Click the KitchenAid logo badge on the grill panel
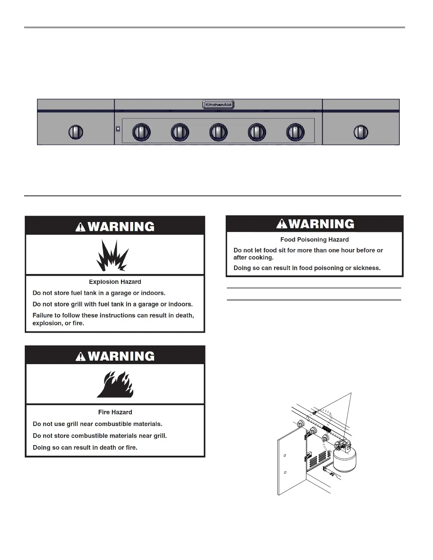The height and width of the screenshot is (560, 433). tap(218, 105)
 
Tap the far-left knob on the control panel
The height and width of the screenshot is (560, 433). tap(75, 132)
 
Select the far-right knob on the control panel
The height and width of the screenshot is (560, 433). tap(360, 132)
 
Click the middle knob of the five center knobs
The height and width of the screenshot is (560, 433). tap(218, 132)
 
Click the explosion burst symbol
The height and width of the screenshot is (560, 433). tap(112, 255)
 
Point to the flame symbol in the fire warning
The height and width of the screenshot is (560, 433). tap(115, 384)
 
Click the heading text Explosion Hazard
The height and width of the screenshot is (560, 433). tap(115, 282)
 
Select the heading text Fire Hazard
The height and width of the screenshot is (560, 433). tap(115, 412)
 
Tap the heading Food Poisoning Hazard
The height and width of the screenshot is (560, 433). tap(314, 239)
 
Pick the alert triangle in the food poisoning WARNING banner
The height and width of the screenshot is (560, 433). tap(282, 224)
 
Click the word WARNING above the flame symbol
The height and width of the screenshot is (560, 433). tap(121, 356)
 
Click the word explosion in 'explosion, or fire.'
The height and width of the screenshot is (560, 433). tap(46, 323)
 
